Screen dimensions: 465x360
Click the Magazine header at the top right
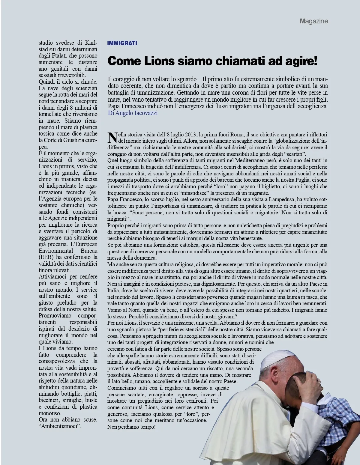coord(313,21)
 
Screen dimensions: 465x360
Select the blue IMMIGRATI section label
coord(122,43)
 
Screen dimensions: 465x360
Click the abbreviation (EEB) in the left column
coord(47,257)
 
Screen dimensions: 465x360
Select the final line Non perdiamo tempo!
coord(131,427)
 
